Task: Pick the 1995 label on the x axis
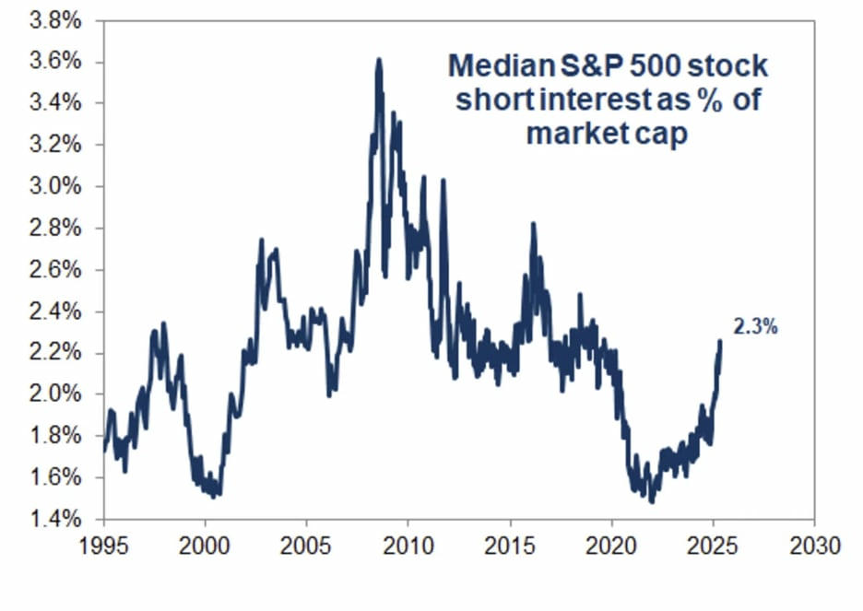104,546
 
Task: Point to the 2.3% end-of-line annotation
755,325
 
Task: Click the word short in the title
491,100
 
